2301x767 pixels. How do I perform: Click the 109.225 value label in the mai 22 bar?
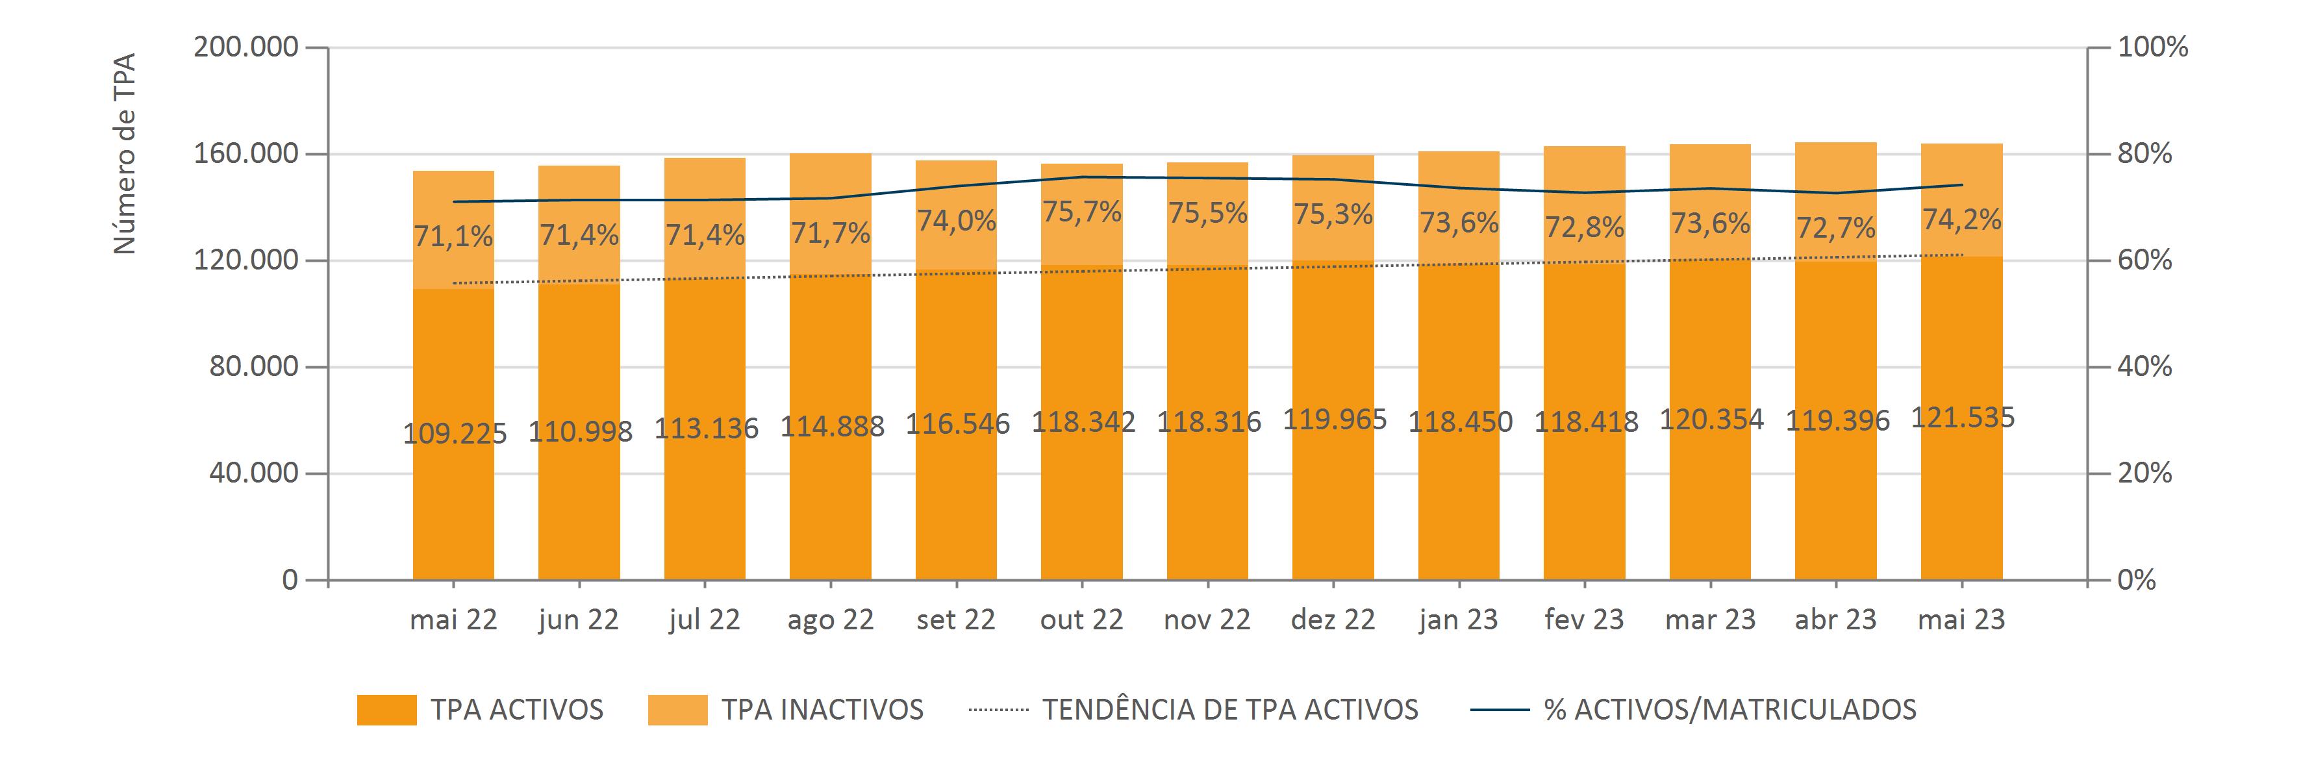454,433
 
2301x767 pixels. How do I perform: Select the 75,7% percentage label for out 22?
1082,212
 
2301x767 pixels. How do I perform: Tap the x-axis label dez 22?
1333,620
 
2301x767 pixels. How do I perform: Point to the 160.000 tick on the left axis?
245,153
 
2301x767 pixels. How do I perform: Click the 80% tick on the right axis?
2144,153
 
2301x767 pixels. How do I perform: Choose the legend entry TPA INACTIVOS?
822,710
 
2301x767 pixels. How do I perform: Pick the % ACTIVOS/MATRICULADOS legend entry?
1729,710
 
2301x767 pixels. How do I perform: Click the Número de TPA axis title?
125,153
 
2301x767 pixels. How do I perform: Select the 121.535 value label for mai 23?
1963,418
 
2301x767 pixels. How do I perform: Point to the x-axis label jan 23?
1458,620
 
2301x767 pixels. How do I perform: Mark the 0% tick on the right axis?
2137,581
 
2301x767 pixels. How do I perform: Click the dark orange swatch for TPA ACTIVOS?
387,710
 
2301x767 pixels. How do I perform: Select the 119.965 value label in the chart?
1335,419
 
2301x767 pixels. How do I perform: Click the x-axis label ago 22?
830,620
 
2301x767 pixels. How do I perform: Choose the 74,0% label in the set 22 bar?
956,221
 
